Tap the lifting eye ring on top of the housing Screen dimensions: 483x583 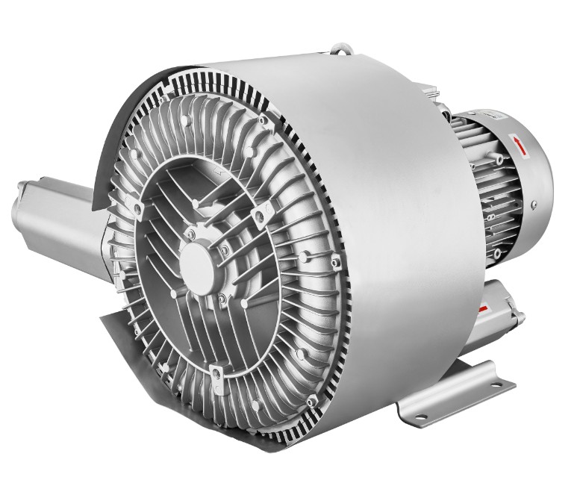click(x=343, y=49)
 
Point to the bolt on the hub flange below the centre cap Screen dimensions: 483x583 click(x=222, y=299)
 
